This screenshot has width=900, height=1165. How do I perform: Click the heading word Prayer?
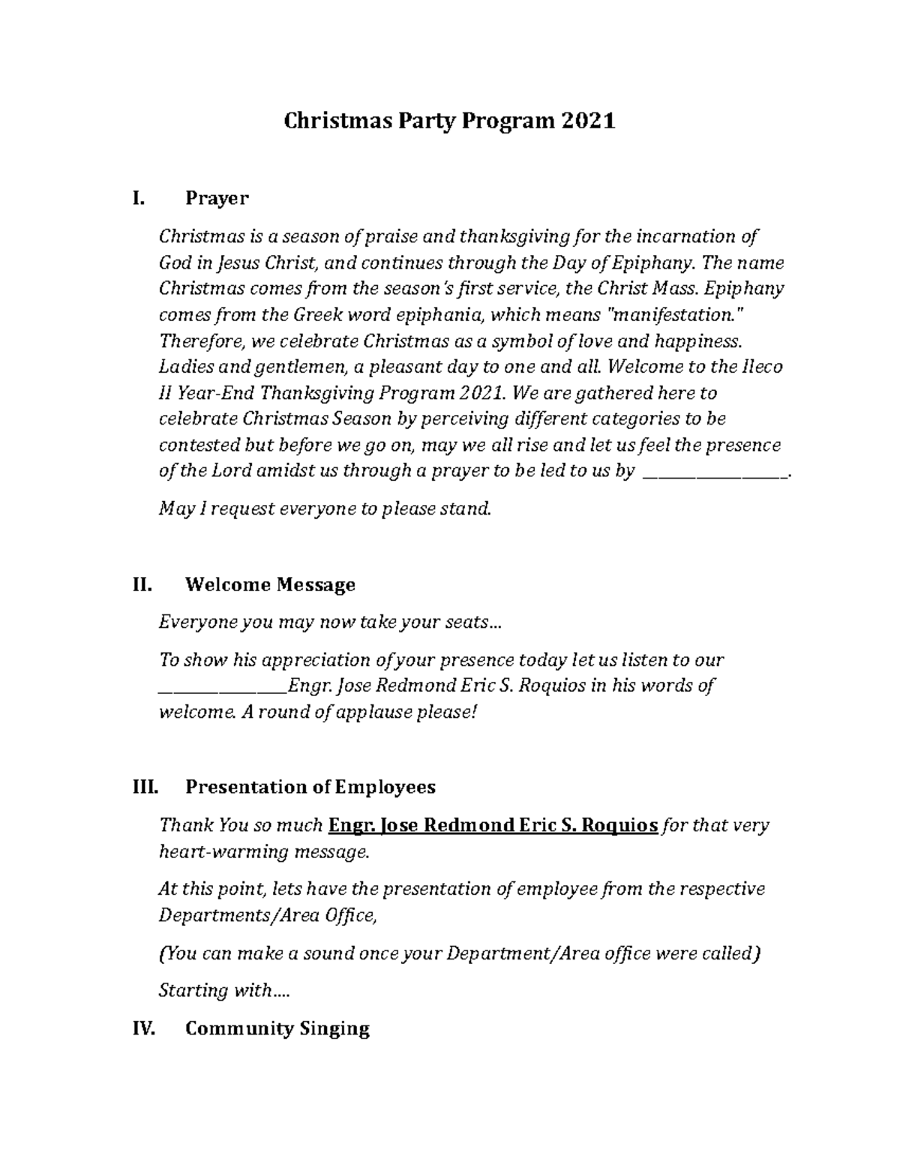[x=217, y=199]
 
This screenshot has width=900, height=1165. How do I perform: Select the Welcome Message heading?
[x=270, y=584]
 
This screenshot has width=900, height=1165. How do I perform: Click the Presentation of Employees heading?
[x=310, y=787]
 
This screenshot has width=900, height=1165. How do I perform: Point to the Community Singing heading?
[x=277, y=1028]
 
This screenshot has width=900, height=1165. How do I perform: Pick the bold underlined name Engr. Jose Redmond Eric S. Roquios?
[x=493, y=826]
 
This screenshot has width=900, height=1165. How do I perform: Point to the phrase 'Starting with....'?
[x=223, y=990]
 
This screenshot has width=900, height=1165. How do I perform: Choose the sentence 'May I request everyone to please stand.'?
[x=325, y=509]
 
